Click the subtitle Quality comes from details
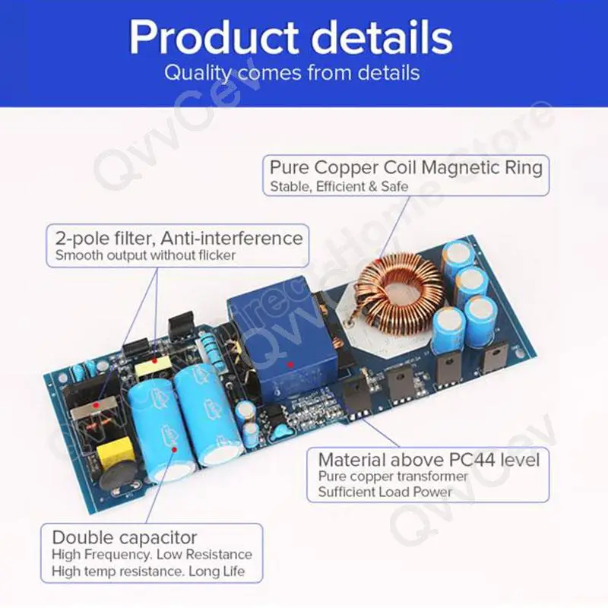point(292,74)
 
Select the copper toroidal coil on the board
point(398,291)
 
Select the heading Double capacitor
point(125,537)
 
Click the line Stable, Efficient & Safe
point(339,185)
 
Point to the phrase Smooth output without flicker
point(145,255)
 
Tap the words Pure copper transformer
point(393,477)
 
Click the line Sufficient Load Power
point(385,492)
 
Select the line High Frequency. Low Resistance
point(151,555)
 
